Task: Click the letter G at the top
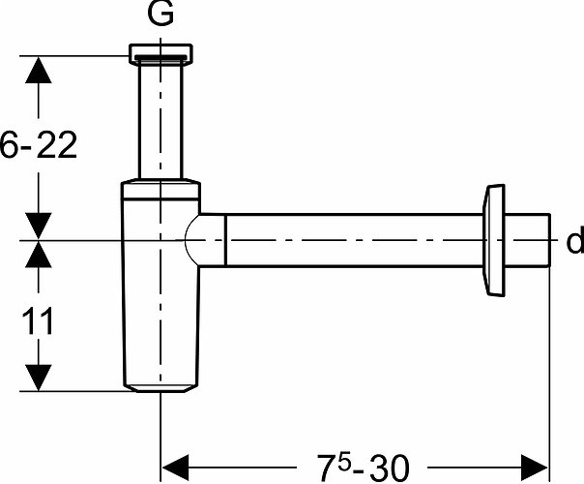click(161, 15)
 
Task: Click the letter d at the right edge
click(575, 241)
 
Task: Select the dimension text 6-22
click(39, 144)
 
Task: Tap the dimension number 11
click(38, 321)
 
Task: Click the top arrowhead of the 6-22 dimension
click(39, 70)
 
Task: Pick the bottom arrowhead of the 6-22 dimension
click(39, 226)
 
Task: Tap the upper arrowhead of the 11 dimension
click(39, 255)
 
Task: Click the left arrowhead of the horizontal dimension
click(176, 468)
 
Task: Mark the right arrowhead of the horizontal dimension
click(535, 468)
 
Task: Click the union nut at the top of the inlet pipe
click(161, 54)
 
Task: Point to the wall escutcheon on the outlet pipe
click(493, 240)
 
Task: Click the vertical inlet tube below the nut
click(161, 121)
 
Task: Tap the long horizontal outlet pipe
click(354, 240)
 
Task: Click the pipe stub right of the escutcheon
click(527, 240)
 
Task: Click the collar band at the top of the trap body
click(161, 190)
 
